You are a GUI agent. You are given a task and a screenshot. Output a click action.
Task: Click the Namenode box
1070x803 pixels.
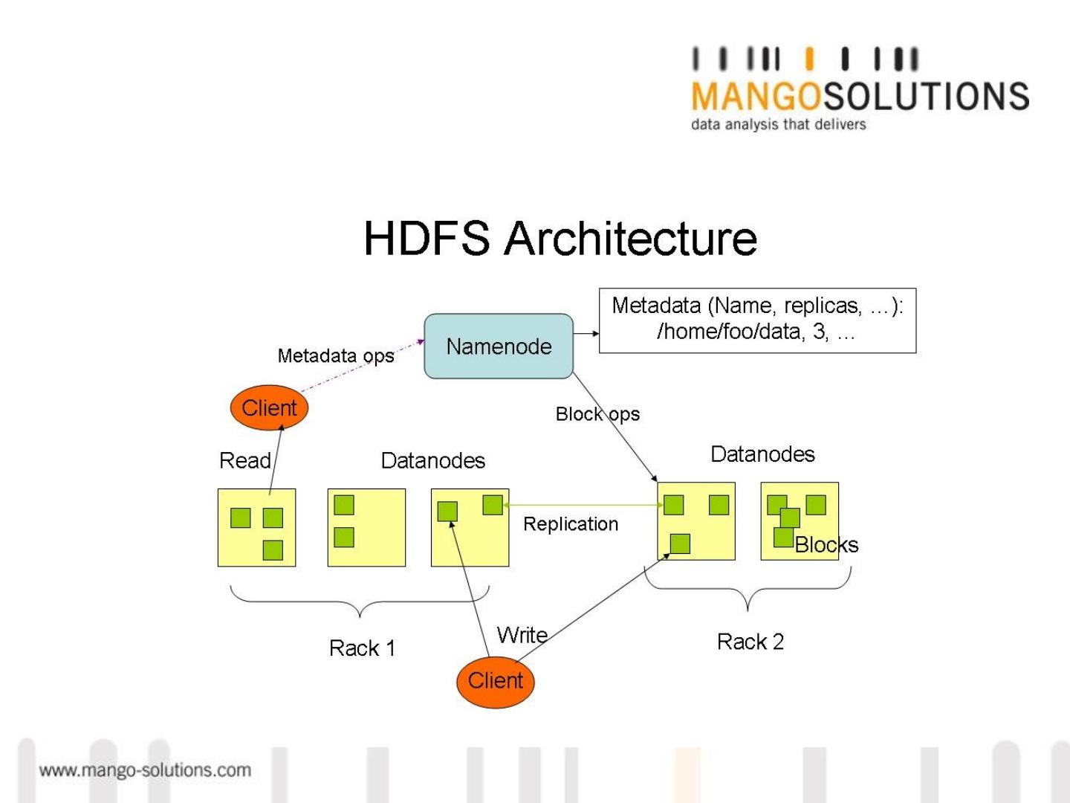[x=499, y=346]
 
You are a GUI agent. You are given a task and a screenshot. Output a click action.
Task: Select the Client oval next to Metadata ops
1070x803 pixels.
[x=269, y=408]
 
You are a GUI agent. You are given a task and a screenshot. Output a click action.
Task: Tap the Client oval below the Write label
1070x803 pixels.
[x=495, y=681]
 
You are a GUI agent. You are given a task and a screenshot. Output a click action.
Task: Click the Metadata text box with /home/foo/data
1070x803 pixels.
[x=757, y=320]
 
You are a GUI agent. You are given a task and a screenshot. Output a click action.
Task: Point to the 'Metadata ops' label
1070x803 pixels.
[x=335, y=356]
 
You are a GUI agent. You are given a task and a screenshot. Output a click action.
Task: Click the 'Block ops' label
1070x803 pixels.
[x=597, y=414]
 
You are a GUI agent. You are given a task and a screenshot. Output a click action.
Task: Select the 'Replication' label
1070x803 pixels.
[x=571, y=524]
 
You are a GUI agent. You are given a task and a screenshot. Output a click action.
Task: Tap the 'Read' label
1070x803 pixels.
[x=244, y=461]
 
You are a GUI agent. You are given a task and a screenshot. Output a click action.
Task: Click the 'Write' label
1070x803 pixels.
[x=522, y=636]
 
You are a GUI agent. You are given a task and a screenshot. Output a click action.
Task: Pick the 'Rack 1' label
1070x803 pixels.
[x=362, y=648]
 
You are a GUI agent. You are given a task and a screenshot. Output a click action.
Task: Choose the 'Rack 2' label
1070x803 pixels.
[x=750, y=642]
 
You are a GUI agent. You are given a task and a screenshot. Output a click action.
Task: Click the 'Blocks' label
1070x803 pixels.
[x=826, y=545]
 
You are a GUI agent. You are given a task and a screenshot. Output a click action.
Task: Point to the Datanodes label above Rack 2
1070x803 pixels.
[x=762, y=454]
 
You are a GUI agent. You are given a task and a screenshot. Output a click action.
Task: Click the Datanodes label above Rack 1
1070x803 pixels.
[x=432, y=461]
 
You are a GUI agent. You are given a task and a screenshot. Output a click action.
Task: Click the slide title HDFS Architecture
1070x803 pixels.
[x=560, y=239]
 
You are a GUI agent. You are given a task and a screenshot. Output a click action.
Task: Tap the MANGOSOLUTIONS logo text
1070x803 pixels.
[x=860, y=97]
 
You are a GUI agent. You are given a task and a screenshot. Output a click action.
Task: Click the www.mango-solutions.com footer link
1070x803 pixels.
[x=145, y=770]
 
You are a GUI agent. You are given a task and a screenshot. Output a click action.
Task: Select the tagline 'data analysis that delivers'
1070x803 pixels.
[x=778, y=124]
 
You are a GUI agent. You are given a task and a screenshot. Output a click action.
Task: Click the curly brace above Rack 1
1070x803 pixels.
[x=360, y=601]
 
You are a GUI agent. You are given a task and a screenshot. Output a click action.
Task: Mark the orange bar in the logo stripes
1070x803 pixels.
[x=809, y=59]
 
